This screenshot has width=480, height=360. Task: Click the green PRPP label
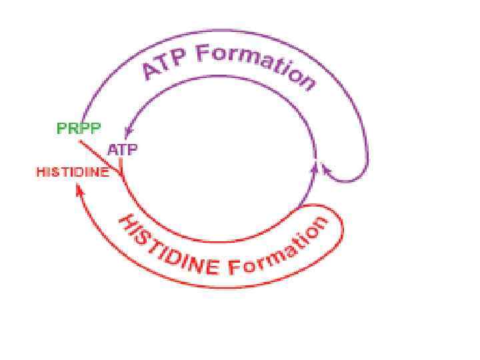[x=79, y=129]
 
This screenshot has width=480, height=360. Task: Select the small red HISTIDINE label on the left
[x=72, y=172]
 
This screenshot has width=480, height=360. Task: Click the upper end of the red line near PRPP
[x=81, y=141]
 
